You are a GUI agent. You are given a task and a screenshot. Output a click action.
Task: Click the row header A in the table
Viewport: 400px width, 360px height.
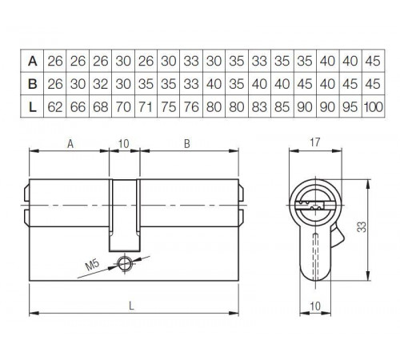[x=32, y=61]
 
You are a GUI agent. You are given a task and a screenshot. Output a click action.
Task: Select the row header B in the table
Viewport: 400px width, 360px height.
[x=32, y=84]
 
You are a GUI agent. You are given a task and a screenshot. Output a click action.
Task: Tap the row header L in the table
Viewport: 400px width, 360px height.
[x=32, y=107]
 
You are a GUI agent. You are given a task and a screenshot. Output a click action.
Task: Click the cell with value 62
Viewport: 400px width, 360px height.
[x=55, y=107]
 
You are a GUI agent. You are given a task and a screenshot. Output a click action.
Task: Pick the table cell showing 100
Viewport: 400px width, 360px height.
[x=373, y=107]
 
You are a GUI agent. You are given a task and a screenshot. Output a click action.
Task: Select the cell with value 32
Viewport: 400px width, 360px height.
[x=101, y=84]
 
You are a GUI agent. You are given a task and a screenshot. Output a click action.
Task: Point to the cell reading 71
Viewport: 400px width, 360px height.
[x=146, y=107]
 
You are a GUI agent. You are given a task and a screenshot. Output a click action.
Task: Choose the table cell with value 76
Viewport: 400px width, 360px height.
[x=191, y=107]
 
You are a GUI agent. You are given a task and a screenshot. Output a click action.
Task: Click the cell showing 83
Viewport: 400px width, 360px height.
[x=259, y=107]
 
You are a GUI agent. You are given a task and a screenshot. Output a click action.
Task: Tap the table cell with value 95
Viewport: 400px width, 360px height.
[x=350, y=107]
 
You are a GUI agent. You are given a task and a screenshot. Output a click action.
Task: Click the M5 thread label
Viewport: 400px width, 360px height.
[x=93, y=265]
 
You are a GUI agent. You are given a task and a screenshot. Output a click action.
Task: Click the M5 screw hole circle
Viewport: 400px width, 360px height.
[x=125, y=264]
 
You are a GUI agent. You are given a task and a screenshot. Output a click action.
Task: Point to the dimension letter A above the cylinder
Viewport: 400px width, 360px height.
[x=70, y=144]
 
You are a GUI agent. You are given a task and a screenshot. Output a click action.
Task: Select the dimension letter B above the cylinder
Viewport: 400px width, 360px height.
[x=187, y=144]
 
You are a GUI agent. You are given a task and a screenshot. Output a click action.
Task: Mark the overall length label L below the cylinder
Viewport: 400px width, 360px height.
[x=131, y=306]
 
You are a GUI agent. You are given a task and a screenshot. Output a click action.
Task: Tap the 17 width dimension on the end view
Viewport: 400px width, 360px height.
[x=314, y=142]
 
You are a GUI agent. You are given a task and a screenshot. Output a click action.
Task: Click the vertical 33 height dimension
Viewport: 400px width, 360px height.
[x=362, y=227]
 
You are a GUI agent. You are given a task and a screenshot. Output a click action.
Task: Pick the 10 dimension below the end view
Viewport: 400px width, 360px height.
[x=315, y=306]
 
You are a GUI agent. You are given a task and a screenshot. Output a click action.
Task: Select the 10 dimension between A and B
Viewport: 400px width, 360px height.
[x=124, y=144]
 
